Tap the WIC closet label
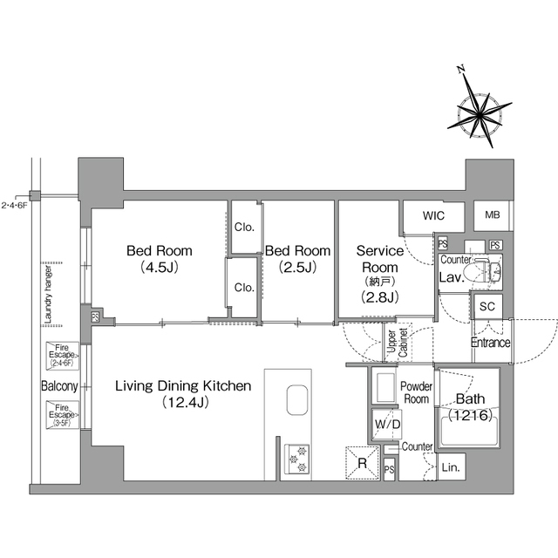click(x=434, y=215)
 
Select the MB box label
click(x=492, y=215)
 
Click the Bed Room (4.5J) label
click(x=160, y=259)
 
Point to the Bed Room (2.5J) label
click(x=298, y=259)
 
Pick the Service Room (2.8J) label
click(x=380, y=272)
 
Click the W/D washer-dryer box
click(x=386, y=425)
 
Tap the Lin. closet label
click(x=452, y=467)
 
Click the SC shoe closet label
click(x=487, y=306)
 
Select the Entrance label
click(x=491, y=342)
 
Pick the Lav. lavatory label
click(x=450, y=276)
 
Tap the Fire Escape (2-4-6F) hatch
click(x=64, y=357)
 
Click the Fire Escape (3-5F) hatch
click(x=64, y=414)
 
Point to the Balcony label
click(x=58, y=386)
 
